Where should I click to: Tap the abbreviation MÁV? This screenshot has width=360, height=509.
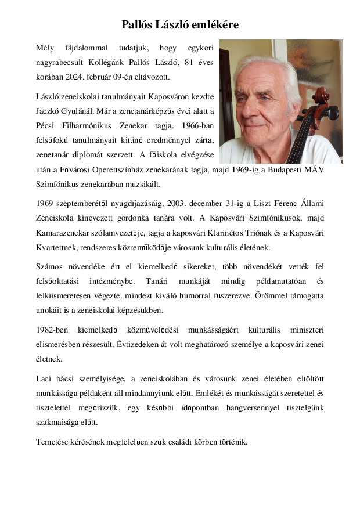click(x=314, y=170)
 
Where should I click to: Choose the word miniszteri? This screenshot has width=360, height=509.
click(x=307, y=330)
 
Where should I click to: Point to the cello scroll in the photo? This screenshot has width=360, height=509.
click(x=321, y=96)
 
